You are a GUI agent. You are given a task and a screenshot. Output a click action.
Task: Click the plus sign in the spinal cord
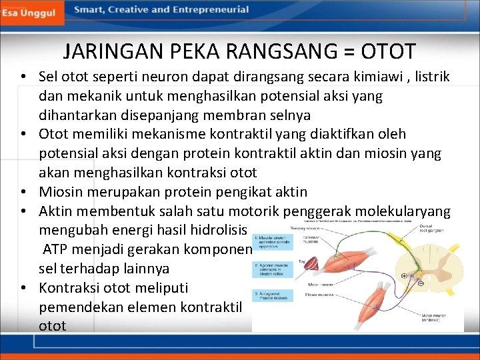403,275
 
